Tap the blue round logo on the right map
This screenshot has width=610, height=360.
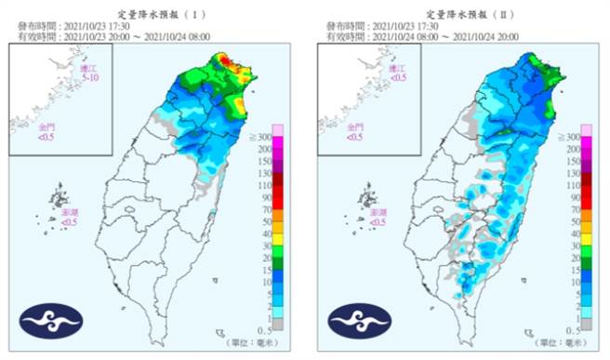[x=353, y=320]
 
